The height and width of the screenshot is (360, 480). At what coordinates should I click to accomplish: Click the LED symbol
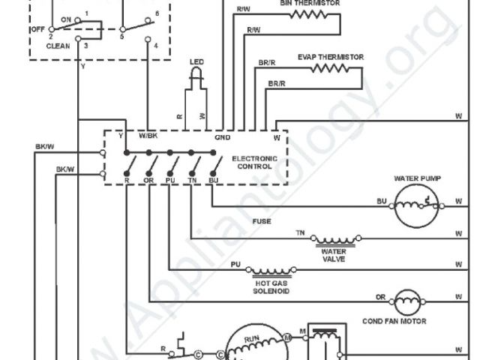click(196, 73)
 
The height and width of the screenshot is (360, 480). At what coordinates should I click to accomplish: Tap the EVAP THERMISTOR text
click(331, 56)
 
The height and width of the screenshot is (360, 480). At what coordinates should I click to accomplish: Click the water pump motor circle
click(415, 203)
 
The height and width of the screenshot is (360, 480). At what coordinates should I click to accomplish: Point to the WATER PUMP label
click(417, 178)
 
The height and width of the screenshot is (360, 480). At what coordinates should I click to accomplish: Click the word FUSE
click(262, 222)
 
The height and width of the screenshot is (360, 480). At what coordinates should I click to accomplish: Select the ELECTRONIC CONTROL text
click(254, 163)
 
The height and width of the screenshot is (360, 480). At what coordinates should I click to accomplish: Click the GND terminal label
click(223, 137)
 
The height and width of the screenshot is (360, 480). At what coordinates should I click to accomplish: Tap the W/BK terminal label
click(148, 136)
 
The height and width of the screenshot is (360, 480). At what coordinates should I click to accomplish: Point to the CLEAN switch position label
click(58, 46)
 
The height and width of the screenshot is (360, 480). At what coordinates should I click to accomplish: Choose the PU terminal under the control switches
click(170, 181)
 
